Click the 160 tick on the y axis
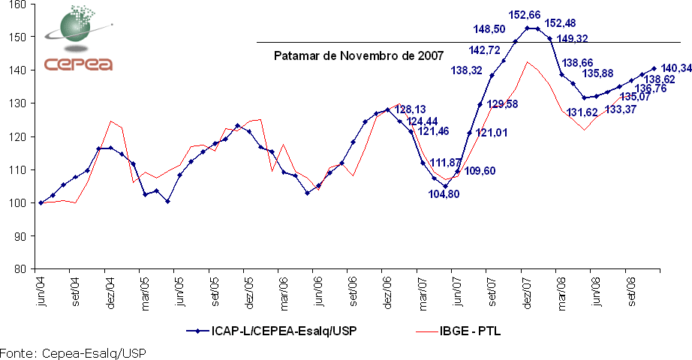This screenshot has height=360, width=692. (x=16, y=4)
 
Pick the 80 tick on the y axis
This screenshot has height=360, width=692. (x=19, y=268)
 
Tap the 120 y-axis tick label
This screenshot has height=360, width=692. (x=16, y=136)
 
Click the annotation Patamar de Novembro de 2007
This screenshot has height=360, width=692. (x=358, y=55)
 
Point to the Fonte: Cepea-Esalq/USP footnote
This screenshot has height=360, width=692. (x=72, y=352)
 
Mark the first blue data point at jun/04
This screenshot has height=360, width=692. (x=41, y=202)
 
